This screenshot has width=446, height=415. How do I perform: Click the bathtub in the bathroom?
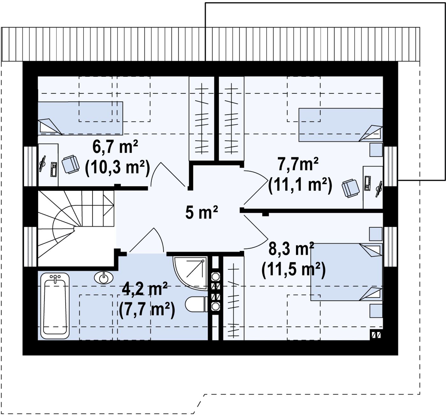click(55, 306)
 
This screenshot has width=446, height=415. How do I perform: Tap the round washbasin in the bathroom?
click(104, 278)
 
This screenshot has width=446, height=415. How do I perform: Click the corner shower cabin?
click(190, 273)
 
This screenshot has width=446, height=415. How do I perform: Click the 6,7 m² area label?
click(115, 147)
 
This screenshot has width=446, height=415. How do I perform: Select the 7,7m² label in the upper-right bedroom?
click(298, 164)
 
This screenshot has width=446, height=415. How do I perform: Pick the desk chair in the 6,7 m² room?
click(70, 164)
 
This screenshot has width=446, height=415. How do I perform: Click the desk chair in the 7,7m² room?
click(350, 188)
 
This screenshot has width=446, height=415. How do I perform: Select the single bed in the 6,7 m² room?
click(80, 118)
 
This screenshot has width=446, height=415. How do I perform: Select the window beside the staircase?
click(30, 247)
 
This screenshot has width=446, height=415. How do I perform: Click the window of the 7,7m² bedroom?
click(390, 166)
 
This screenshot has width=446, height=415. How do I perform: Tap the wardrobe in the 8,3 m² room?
click(234, 298)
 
